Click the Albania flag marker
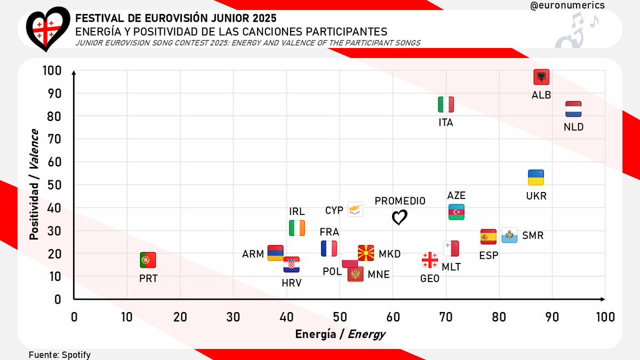[x=541, y=77]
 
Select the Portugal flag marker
[x=148, y=260]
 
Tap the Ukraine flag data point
[x=536, y=178]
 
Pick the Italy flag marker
[x=446, y=105]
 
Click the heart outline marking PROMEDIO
[x=399, y=218]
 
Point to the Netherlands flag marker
[x=573, y=109]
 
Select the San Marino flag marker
[x=509, y=235]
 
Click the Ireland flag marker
[x=297, y=228]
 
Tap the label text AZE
[x=457, y=195]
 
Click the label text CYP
[x=334, y=210]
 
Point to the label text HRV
[x=292, y=283]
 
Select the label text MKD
[x=389, y=254]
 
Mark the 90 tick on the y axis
[x=53, y=93]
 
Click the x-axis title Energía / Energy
[x=340, y=334]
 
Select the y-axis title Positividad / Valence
[x=34, y=184]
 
